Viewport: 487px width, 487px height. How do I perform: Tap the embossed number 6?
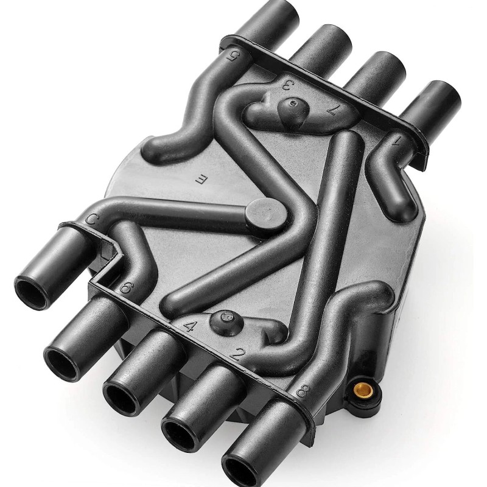[126, 287]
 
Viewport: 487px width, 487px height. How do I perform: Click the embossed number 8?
[301, 390]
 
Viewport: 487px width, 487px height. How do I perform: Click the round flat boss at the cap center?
[264, 214]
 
